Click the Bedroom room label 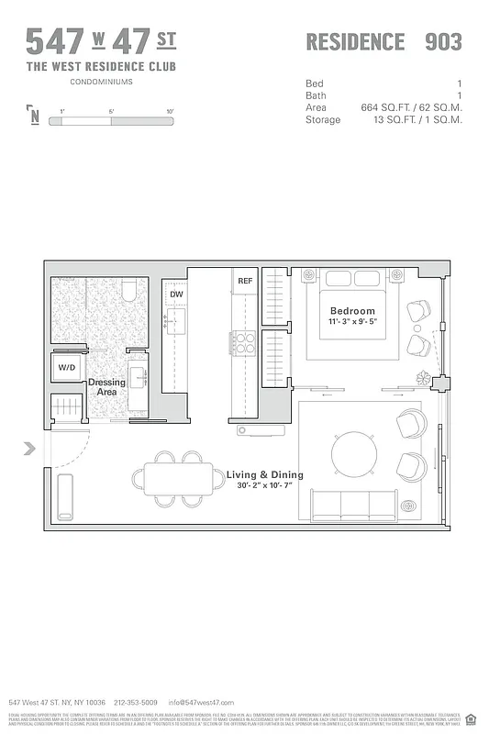(352, 311)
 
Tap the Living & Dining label (264, 474)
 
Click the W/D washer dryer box (68, 368)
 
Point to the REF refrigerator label (245, 281)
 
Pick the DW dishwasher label (176, 295)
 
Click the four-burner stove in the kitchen (245, 342)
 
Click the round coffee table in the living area (353, 453)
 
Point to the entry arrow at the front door (29, 449)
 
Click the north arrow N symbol (34, 115)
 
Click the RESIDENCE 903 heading (383, 41)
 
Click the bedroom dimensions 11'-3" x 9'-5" (352, 323)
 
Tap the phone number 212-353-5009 (136, 702)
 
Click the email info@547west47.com (201, 702)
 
